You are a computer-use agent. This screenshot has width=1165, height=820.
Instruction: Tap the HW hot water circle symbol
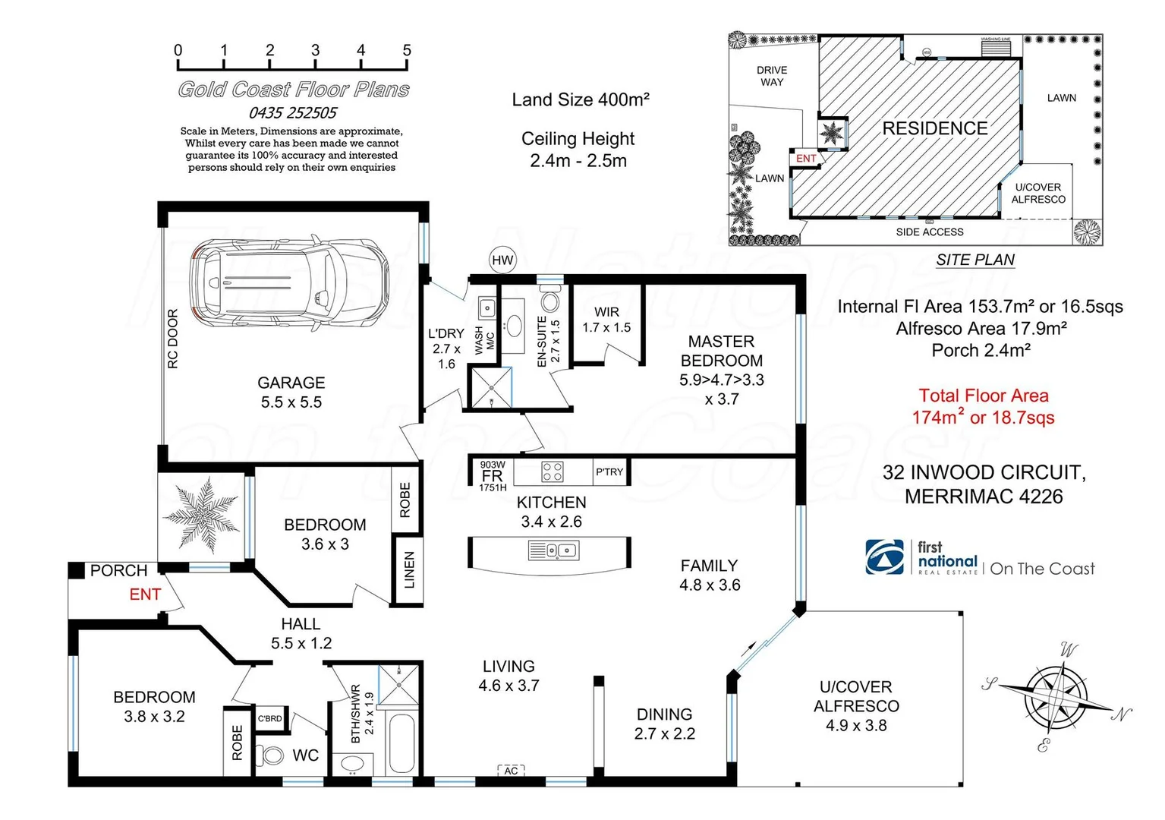point(502,260)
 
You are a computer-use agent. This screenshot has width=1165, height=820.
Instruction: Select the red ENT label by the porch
point(145,594)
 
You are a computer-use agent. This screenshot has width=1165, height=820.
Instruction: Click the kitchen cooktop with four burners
point(552,471)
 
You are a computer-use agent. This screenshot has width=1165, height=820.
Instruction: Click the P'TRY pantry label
point(609,471)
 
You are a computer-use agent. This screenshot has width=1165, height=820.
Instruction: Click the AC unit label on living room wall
point(511,771)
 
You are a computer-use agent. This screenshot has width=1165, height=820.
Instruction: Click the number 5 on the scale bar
point(407,50)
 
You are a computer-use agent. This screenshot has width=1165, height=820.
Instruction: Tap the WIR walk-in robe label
point(606,312)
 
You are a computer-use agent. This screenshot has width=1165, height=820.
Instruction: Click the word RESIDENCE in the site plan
point(934,128)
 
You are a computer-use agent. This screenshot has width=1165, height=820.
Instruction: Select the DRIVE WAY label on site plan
point(772,76)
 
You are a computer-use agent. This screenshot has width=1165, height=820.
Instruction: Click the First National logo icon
point(885,557)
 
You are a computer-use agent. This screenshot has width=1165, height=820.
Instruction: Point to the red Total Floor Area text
point(984,406)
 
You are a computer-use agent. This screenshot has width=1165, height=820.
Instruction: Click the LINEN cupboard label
point(409,570)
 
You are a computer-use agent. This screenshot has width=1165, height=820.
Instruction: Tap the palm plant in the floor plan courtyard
point(202,513)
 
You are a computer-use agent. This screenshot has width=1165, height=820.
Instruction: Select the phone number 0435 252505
point(293,113)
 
